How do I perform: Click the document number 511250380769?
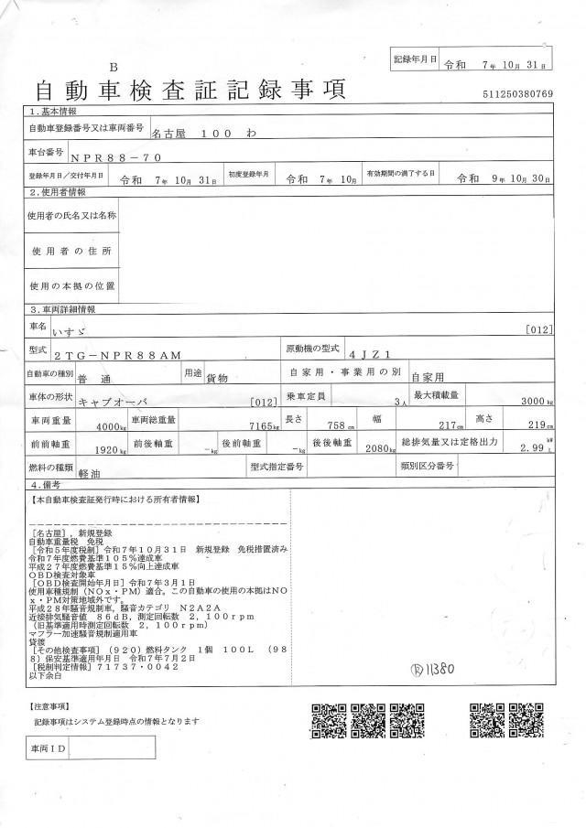(x=517, y=94)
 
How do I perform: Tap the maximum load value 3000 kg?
(x=534, y=402)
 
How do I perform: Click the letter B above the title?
(x=114, y=67)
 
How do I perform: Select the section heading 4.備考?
(x=46, y=484)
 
